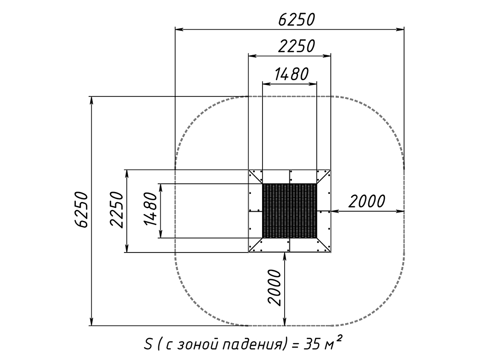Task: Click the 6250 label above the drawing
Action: coord(296,20)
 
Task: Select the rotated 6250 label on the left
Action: coord(82,210)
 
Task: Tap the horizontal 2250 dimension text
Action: coord(296,46)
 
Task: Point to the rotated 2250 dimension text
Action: coord(117,210)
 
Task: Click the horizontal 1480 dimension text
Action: coord(291,74)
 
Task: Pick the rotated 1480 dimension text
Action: coord(151,209)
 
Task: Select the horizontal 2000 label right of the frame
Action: coord(366,201)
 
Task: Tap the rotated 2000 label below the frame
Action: coord(274,288)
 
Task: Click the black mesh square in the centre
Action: coord(289,211)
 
